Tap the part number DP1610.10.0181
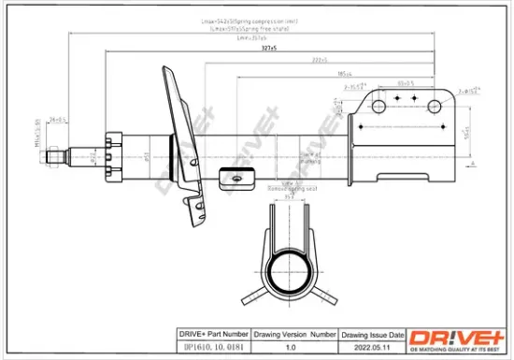point(211,346)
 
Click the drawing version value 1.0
point(295,346)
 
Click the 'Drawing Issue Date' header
point(374,334)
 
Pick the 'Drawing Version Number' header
point(295,334)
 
